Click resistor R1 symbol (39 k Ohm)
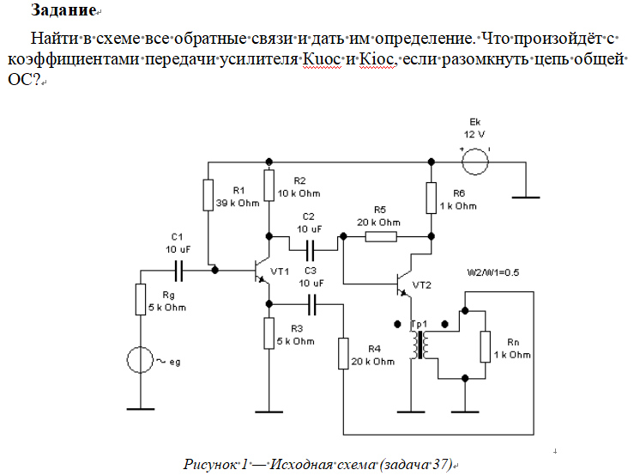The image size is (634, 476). coord(208,194)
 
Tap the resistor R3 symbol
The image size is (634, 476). coord(269,333)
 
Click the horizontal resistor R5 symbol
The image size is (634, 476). coord(382,235)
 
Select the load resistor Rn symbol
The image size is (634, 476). coord(485,346)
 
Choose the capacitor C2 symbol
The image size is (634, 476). coord(310,250)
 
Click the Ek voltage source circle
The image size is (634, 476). coord(474,160)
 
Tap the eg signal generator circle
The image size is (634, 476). coord(141,361)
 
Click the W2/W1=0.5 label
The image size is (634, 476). coord(494,272)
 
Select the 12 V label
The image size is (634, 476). coord(474,135)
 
